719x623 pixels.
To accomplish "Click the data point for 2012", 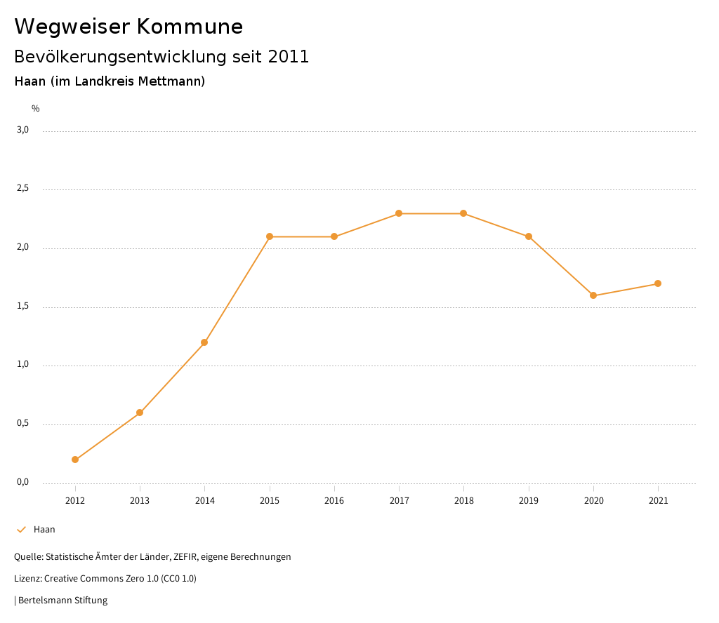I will click(75, 460).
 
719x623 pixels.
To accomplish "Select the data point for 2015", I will click(270, 236).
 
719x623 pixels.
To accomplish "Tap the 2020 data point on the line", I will click(593, 295).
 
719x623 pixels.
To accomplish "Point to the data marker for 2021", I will click(658, 283).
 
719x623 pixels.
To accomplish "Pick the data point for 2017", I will click(399, 213).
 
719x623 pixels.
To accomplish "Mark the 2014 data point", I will click(204, 342).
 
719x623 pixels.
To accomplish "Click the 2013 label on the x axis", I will click(140, 501).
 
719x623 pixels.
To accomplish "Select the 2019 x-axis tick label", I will click(529, 501).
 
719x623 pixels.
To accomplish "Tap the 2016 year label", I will click(334, 501).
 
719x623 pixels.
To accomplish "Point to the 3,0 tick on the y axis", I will click(22, 130).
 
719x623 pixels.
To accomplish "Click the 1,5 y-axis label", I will click(22, 306).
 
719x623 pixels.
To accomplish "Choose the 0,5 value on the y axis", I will click(22, 423).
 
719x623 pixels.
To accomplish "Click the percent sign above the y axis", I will click(36, 109).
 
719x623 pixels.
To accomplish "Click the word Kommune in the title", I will click(190, 27).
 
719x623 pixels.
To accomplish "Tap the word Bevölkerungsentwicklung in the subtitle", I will click(121, 57).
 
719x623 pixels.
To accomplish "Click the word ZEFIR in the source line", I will click(185, 557).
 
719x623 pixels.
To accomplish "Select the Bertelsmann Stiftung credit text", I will click(62, 601).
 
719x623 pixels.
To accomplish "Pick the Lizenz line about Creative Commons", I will click(105, 579).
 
